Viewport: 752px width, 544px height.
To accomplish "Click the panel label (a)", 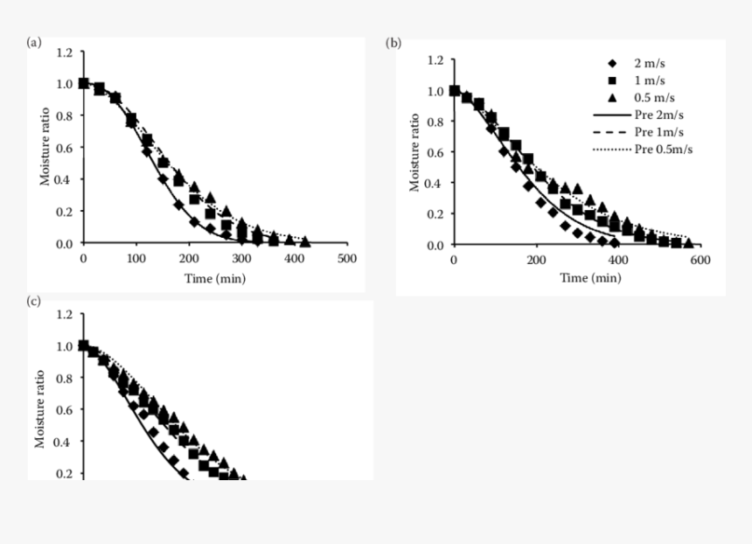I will [34, 42].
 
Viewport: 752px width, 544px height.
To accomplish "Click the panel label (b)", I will [394, 42].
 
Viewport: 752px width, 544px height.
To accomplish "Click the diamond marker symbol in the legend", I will [612, 64].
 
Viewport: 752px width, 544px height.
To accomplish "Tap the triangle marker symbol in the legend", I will [612, 98].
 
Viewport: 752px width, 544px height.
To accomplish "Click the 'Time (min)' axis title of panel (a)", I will [215, 278].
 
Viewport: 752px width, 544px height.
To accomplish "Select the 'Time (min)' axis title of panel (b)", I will [591, 278].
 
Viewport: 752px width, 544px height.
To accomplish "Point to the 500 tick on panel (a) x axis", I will [347, 258].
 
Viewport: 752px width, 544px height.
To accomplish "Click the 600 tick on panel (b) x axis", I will [700, 260].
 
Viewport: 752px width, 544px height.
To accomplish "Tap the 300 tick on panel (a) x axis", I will [241, 258].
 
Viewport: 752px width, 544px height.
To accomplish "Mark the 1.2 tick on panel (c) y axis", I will [63, 313].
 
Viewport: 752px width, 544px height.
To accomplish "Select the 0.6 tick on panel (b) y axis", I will [435, 152].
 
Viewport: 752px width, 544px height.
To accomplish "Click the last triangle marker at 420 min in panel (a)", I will [305, 241].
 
